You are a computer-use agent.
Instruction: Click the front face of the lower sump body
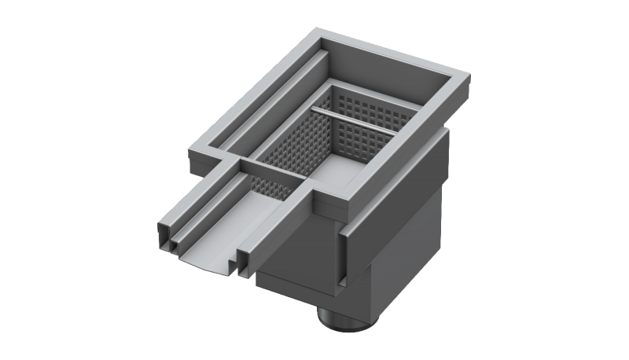[299, 259]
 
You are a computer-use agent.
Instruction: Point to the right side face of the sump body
[409, 220]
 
